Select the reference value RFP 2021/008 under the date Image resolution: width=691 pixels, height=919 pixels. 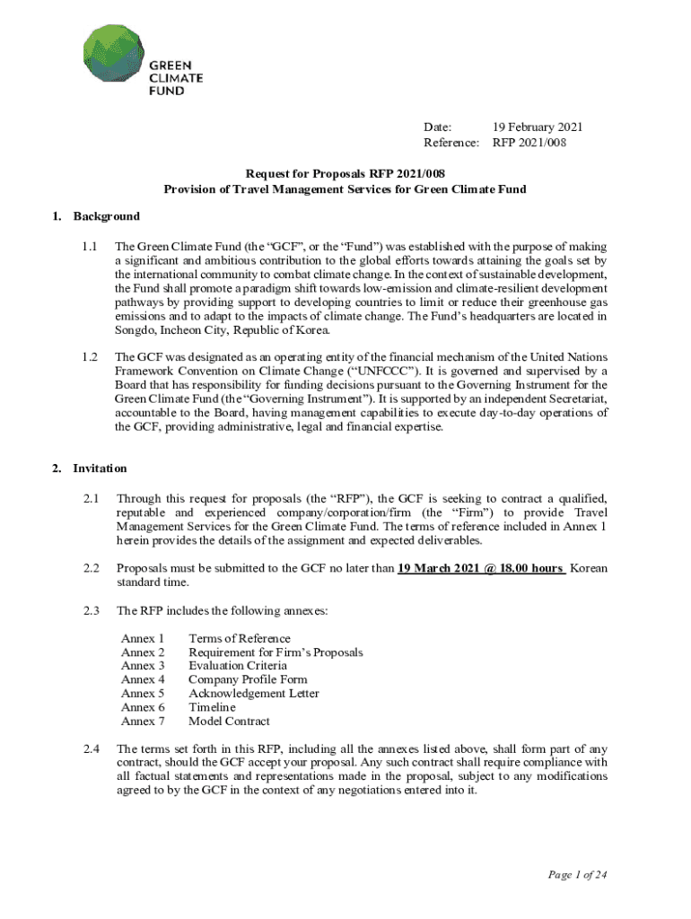pyautogui.click(x=529, y=142)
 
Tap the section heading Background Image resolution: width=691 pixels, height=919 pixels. pyautogui.click(x=106, y=216)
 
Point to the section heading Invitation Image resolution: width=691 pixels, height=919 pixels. pyautogui.click(x=100, y=468)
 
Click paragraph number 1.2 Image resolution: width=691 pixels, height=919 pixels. pyautogui.click(x=89, y=356)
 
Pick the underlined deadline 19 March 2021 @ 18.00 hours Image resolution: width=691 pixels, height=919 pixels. pyautogui.click(x=481, y=568)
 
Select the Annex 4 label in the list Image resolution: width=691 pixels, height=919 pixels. pyautogui.click(x=143, y=679)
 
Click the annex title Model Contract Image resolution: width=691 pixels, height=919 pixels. pyautogui.click(x=229, y=721)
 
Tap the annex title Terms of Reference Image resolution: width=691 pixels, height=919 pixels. pyautogui.click(x=240, y=638)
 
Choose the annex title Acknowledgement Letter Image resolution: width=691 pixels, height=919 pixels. pyautogui.click(x=254, y=693)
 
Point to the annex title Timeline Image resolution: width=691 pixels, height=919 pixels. pyautogui.click(x=212, y=707)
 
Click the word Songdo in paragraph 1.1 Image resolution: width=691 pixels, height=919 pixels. pyautogui.click(x=136, y=329)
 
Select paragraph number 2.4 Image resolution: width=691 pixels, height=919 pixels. pyautogui.click(x=89, y=748)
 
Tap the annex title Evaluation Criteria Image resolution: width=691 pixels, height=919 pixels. pyautogui.click(x=238, y=666)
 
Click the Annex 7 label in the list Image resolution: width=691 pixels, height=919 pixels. pyautogui.click(x=143, y=721)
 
